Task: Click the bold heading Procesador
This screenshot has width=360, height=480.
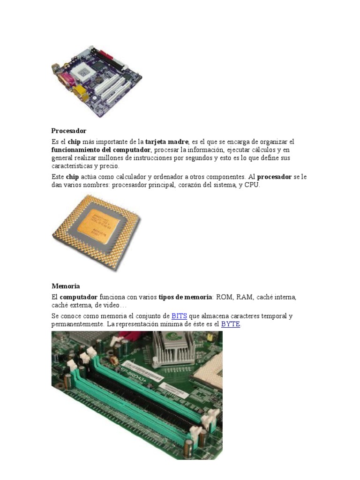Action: click(68, 131)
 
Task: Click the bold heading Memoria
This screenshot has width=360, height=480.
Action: click(66, 286)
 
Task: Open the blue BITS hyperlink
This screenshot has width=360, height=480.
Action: click(179, 316)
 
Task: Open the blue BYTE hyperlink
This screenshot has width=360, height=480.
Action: click(230, 324)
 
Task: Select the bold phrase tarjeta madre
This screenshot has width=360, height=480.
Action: click(167, 142)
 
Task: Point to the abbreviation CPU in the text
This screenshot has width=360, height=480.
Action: click(251, 185)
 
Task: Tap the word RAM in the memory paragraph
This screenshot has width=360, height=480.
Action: click(245, 297)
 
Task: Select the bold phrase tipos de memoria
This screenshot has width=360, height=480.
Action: click(185, 297)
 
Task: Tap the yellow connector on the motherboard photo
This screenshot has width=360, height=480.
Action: click(79, 91)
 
